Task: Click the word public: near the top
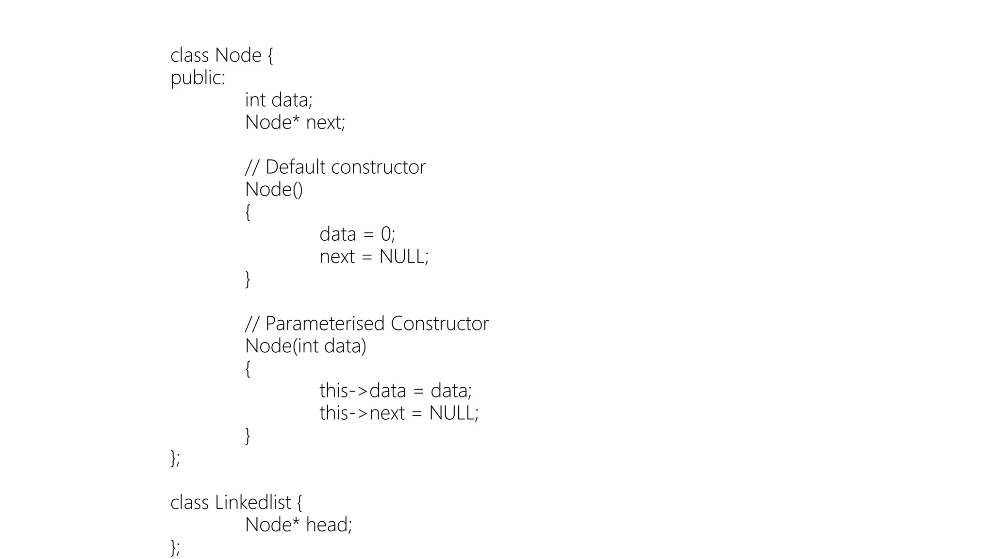(x=198, y=78)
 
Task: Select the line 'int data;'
(x=279, y=100)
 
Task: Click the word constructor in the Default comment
(x=379, y=167)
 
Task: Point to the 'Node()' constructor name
(x=274, y=189)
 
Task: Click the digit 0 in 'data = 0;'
(x=386, y=234)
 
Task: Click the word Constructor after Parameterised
(x=439, y=324)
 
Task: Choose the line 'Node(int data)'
(x=306, y=346)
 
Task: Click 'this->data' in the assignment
(x=363, y=391)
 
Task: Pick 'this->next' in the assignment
(x=362, y=413)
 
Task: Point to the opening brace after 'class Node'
(x=270, y=55)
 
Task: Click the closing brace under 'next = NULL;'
(x=248, y=279)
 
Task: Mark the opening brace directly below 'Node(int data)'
(x=248, y=369)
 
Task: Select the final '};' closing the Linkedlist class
(x=175, y=547)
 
